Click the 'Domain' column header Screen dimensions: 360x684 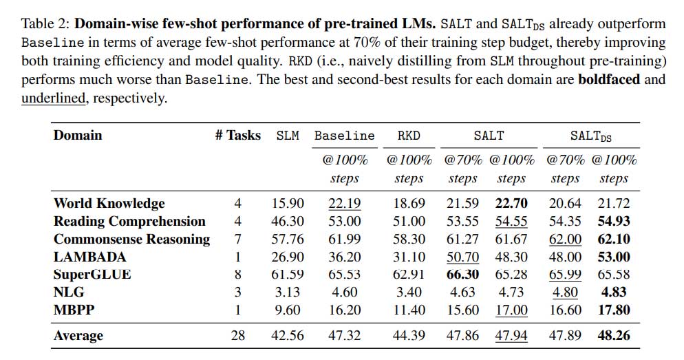pos(77,135)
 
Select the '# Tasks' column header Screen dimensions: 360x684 pos(237,135)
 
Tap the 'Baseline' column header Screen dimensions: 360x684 pos(344,136)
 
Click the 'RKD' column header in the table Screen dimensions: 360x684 pos(408,136)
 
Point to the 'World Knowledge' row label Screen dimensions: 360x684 pos(109,203)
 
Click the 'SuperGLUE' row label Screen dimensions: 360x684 pos(92,275)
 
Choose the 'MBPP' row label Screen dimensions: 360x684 pos(73,310)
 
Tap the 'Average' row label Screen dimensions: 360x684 pos(78,336)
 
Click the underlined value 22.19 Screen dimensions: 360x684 pos(344,203)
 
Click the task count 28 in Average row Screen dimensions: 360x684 pos(237,336)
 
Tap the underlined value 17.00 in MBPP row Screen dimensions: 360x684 pos(511,310)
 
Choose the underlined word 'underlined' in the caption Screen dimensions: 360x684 pos(53,98)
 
